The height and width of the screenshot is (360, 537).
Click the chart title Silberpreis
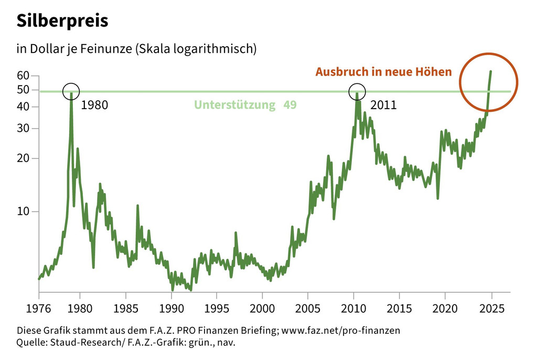[62, 20]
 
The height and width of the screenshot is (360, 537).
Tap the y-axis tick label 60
[23, 76]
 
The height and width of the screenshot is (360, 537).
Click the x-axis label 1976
[39, 307]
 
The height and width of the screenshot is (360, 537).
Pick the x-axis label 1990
[171, 307]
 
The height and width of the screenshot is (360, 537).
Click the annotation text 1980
[94, 105]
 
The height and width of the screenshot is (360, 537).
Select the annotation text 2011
[383, 105]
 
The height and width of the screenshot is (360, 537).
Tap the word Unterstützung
[235, 105]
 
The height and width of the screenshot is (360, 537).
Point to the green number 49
[290, 105]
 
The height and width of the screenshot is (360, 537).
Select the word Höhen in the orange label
[436, 72]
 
